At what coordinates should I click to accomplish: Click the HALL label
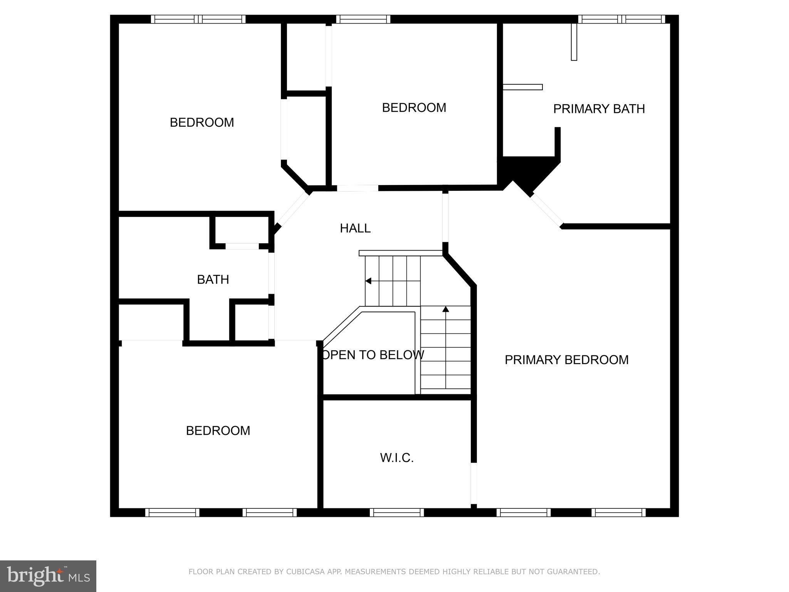pos(355,228)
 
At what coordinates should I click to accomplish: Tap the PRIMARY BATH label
pos(599,109)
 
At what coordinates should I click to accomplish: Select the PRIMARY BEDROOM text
pos(566,360)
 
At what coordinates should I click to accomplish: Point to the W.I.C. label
pos(397,458)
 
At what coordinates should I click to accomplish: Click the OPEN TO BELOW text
pos(373,355)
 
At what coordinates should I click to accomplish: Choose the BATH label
pos(213,279)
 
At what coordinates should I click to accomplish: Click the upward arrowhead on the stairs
pos(446,309)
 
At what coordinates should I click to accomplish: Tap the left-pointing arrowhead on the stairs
pos(368,281)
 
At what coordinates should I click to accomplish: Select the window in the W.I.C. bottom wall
pos(397,513)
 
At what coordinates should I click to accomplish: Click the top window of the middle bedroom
pos(363,19)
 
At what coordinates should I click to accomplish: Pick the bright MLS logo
pos(48,576)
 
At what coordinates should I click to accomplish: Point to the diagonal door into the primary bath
pos(547,210)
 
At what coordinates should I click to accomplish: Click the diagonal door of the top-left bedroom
pos(293,210)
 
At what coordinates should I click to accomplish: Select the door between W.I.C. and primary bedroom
pos(474,483)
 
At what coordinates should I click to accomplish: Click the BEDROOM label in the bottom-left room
pos(218,431)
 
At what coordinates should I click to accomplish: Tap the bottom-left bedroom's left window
pos(172,513)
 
